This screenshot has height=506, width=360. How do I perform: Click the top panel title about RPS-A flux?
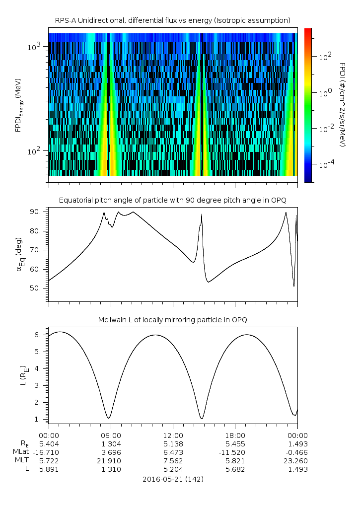[x=172, y=20]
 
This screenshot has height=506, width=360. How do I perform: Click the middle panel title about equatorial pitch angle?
[x=172, y=200]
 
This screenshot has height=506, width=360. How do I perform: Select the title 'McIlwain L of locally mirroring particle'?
[x=172, y=320]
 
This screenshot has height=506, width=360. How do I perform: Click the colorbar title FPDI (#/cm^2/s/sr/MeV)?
[x=343, y=104]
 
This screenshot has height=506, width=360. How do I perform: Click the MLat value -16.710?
[x=48, y=452]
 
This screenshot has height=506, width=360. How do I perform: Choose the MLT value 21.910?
[x=110, y=460]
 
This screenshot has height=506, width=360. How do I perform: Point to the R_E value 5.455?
[x=235, y=443]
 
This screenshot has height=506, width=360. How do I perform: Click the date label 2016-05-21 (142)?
[x=173, y=479]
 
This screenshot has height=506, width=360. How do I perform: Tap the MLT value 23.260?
[x=297, y=460]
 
